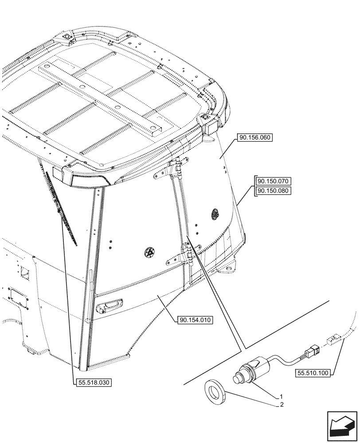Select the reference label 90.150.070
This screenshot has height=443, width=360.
(273, 181)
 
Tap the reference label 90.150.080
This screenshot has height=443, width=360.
(273, 191)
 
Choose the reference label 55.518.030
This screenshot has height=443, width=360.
(92, 382)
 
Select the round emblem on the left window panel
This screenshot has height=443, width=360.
(149, 253)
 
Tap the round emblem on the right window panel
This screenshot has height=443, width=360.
(215, 214)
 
